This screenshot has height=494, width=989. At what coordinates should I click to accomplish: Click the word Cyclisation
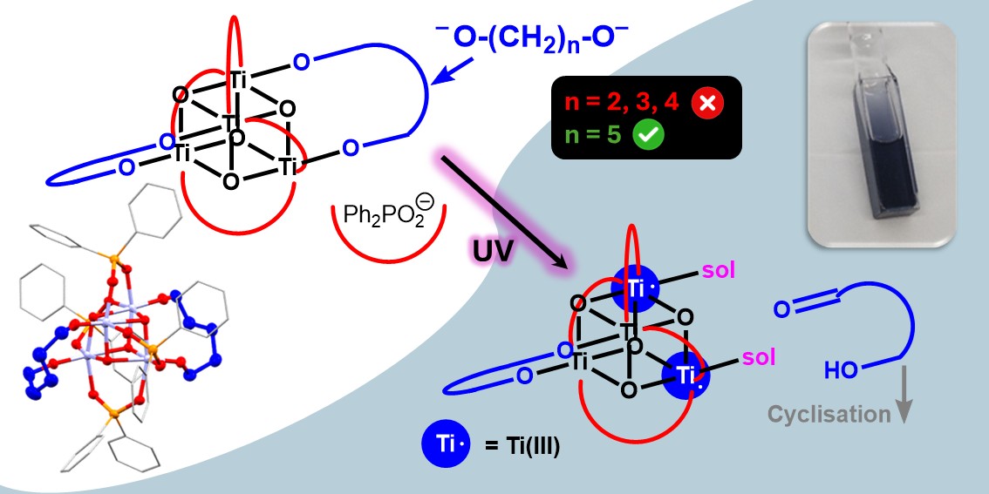(829, 415)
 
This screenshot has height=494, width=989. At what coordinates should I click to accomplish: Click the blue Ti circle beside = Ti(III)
(447, 445)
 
